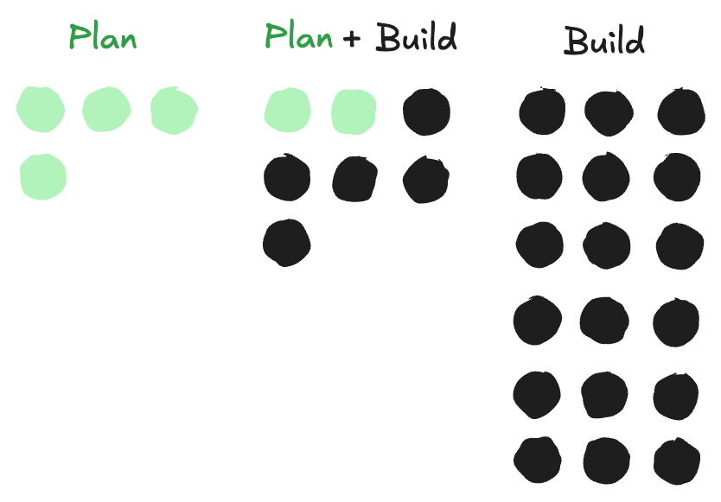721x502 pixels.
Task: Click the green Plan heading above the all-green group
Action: click(102, 39)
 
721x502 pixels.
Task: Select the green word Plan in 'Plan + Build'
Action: click(298, 37)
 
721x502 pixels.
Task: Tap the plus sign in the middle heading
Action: click(352, 39)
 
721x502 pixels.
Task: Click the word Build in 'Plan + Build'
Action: click(416, 39)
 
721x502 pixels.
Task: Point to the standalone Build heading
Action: click(604, 41)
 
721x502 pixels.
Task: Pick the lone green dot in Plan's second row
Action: click(42, 177)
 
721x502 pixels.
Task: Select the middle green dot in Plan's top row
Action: click(106, 110)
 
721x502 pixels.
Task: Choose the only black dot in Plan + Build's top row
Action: click(426, 111)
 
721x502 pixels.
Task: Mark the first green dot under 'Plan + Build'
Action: click(287, 111)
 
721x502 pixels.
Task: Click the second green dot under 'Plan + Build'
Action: click(354, 111)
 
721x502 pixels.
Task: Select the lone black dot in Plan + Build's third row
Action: click(286, 242)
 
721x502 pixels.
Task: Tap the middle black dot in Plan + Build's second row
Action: click(355, 178)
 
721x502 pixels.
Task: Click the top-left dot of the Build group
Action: click(542, 111)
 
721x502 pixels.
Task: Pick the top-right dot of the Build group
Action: click(680, 111)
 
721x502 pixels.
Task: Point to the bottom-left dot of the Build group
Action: click(537, 459)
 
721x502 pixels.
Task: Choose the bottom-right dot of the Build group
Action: click(677, 461)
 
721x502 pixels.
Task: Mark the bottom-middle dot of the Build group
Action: click(606, 461)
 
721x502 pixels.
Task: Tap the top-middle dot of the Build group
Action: click(609, 111)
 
